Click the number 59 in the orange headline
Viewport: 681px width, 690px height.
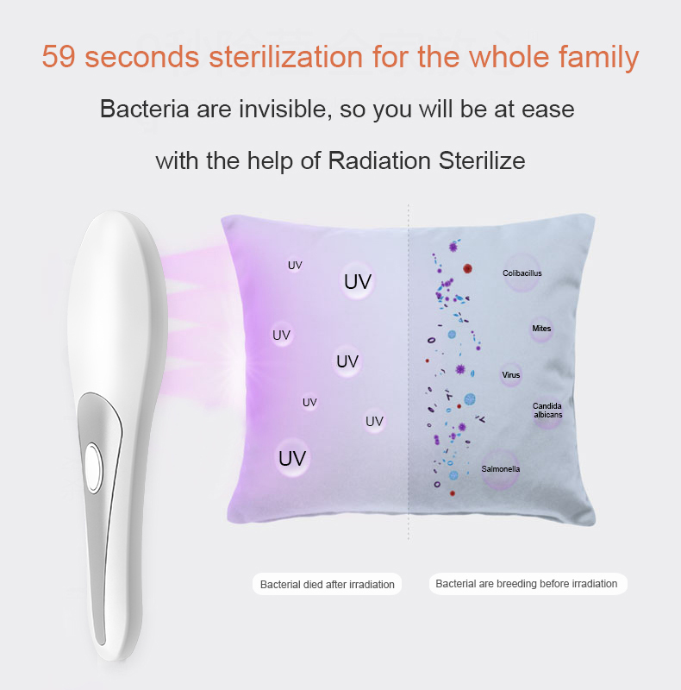[x=59, y=57]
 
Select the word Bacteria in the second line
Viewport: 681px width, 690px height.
[x=144, y=109]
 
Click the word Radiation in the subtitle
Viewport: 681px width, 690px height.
[x=379, y=160]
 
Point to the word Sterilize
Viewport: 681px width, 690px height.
[x=482, y=160]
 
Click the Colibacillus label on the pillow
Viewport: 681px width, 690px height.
[x=522, y=273]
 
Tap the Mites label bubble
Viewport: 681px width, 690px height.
[x=541, y=329]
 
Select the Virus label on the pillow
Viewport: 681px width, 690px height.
[x=510, y=375]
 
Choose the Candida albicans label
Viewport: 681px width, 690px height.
[x=547, y=411]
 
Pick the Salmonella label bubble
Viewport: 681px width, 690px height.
[x=501, y=469]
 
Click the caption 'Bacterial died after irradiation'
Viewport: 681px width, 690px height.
[x=328, y=585]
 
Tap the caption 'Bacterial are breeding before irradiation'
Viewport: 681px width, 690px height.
[x=528, y=584]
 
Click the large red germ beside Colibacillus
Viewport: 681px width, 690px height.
[x=467, y=268]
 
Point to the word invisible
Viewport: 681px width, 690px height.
[x=285, y=109]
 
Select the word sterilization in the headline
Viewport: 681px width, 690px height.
[x=286, y=57]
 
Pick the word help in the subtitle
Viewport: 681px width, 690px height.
[x=270, y=161]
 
